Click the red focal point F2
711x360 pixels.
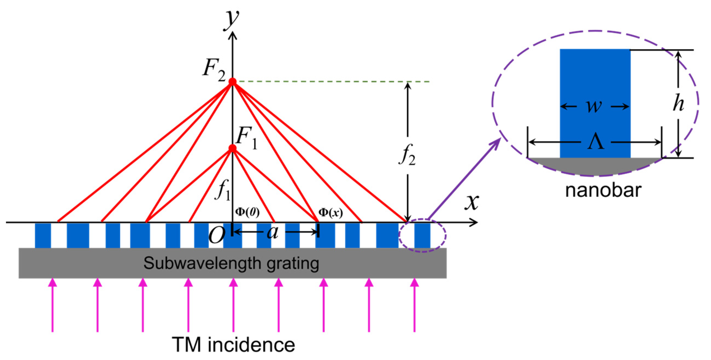[232, 82]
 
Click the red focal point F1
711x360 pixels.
[232, 148]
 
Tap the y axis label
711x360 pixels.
[231, 19]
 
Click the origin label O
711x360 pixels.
[217, 235]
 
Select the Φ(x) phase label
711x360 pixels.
[330, 213]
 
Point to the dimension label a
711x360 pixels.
[272, 232]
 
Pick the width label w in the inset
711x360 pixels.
[594, 106]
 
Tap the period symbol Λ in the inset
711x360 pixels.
[595, 142]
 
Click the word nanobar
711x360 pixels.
[603, 190]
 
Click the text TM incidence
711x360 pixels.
[233, 345]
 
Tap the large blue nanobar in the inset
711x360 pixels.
[595, 75]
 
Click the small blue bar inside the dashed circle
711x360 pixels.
[422, 235]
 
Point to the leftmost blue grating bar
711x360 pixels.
[43, 235]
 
